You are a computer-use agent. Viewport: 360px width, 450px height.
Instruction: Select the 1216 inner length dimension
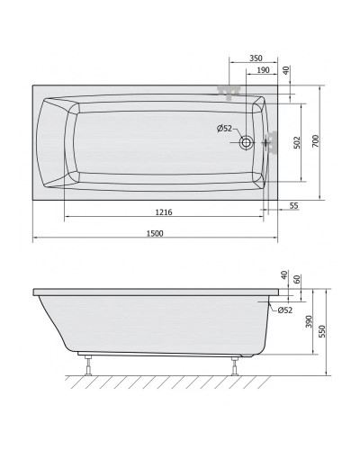pyautogui.click(x=163, y=212)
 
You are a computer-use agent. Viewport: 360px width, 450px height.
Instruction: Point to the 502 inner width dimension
pyautogui.click(x=295, y=142)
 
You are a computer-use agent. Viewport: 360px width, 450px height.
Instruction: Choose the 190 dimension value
pyautogui.click(x=263, y=69)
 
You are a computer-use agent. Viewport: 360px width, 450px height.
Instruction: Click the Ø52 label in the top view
pyautogui.click(x=225, y=129)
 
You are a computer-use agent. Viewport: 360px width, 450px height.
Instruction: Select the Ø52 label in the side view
pyautogui.click(x=283, y=310)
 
